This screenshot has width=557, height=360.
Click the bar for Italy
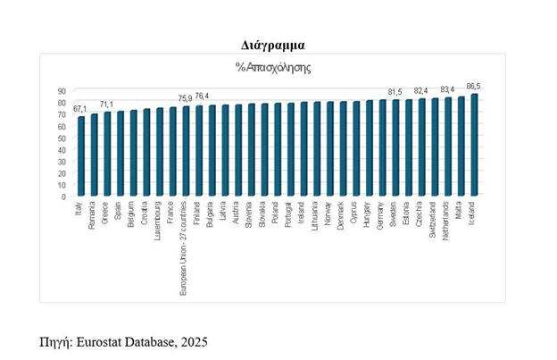(x=81, y=156)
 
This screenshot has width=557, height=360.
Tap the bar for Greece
(x=107, y=154)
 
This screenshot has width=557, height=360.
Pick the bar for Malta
(x=461, y=147)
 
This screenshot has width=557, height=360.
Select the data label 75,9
(x=186, y=98)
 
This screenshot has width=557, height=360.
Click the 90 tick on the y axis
(x=63, y=90)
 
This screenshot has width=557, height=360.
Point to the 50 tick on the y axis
(x=63, y=138)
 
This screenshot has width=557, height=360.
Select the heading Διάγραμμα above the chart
(x=278, y=43)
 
